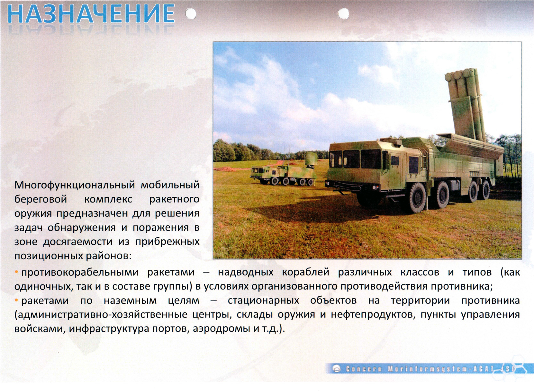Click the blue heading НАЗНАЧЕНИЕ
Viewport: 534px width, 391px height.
pos(91,14)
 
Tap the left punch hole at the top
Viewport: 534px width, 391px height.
pos(191,14)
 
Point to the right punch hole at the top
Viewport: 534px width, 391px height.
pos(343,13)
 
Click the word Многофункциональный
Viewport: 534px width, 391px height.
pos(75,185)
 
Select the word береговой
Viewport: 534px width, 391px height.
pos(41,199)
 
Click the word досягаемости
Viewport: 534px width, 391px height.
pos(78,242)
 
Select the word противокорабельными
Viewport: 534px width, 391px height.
pos(80,272)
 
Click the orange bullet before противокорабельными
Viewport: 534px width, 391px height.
pos(16,272)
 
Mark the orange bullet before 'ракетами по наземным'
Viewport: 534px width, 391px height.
pos(16,300)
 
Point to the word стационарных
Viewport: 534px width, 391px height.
pos(263,301)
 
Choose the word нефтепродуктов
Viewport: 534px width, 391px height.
pos(373,315)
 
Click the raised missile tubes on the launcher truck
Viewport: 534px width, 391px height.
pos(465,105)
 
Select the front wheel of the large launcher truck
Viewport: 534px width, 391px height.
pos(417,197)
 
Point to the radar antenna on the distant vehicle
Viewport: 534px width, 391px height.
pos(311,158)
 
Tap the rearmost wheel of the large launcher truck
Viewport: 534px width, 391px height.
pos(485,190)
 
